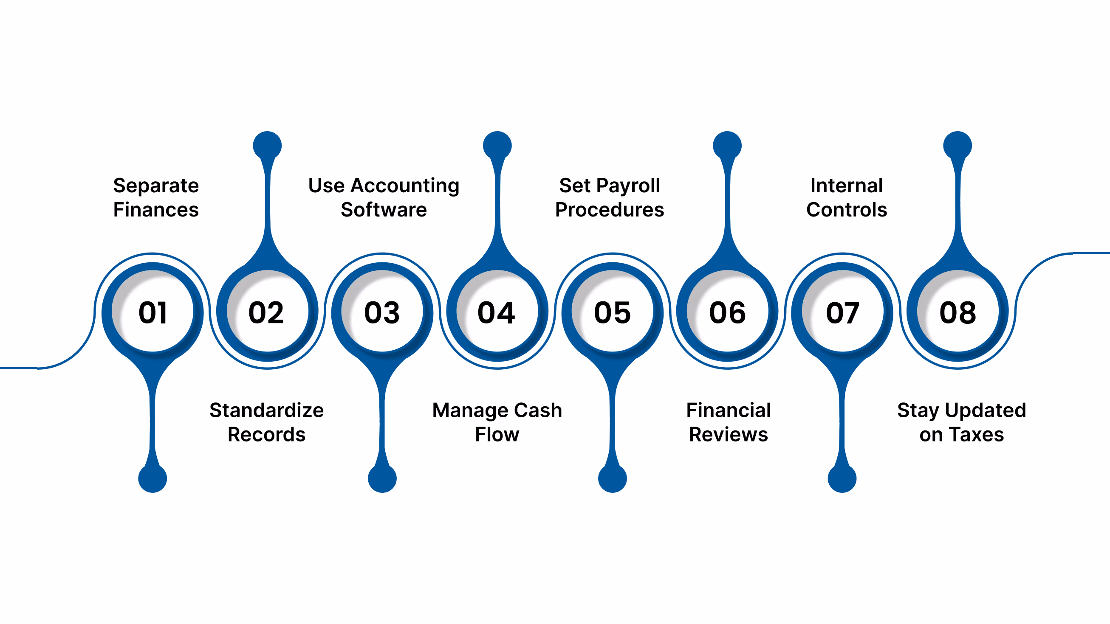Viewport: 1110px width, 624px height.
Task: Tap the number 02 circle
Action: (268, 311)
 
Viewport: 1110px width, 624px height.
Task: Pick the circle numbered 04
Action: (497, 311)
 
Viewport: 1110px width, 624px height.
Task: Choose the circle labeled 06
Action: (727, 311)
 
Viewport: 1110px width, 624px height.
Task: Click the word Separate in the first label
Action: (156, 186)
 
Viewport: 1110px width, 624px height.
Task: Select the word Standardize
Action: (267, 410)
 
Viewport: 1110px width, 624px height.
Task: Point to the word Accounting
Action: (405, 186)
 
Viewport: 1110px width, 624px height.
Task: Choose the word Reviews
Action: (728, 435)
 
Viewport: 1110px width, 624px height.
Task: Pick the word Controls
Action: (847, 210)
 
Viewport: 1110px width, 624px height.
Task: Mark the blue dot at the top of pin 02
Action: (268, 146)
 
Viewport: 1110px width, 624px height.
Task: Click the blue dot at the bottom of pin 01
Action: (153, 478)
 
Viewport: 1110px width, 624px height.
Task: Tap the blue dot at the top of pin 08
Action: (957, 146)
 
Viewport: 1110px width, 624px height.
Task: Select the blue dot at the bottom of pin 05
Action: (612, 478)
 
